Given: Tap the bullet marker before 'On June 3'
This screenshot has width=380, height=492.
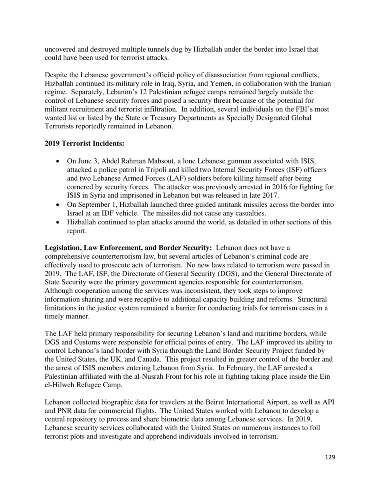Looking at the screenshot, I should pyautogui.click(x=58, y=161).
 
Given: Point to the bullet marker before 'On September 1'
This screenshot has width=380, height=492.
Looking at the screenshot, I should pyautogui.click(x=58, y=205).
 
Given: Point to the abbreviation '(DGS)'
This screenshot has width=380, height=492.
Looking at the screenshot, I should pyautogui.click(x=231, y=274).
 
